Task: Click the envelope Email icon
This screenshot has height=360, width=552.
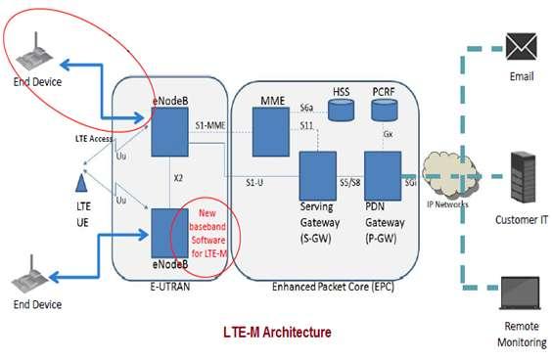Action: [517, 44]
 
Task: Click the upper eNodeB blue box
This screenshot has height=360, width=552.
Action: [168, 130]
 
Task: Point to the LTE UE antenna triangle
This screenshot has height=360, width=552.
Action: [82, 183]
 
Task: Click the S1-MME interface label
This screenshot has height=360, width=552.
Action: [210, 125]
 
